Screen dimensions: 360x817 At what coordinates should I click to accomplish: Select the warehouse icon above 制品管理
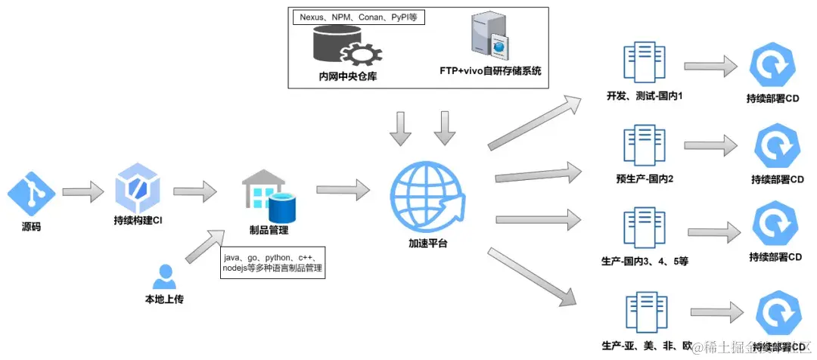267,195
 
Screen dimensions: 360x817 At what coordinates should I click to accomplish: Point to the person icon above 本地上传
163,277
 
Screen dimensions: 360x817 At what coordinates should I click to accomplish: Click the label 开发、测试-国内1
645,97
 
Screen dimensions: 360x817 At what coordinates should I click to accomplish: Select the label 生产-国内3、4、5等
645,262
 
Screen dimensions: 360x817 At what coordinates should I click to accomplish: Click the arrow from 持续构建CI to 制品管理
194,191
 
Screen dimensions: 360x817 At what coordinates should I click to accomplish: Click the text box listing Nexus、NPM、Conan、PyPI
358,17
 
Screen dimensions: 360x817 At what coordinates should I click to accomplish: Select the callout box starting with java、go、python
272,265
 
